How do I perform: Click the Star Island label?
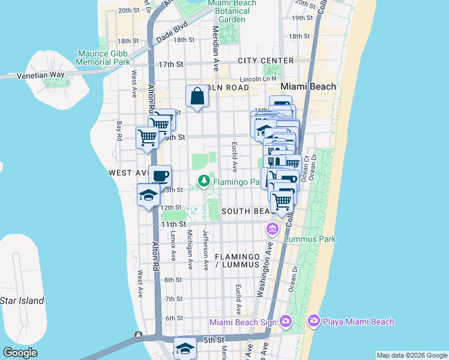click(22, 301)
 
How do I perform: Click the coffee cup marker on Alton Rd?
click(160, 176)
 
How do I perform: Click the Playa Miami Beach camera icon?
click(313, 322)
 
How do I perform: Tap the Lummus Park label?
click(311, 239)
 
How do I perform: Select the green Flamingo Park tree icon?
click(205, 179)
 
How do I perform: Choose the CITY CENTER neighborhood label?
click(265, 61)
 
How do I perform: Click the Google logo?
click(19, 353)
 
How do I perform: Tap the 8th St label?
click(173, 280)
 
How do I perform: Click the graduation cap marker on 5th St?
click(185, 348)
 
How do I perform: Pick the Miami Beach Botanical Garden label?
click(232, 11)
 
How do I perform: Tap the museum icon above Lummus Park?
click(272, 229)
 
